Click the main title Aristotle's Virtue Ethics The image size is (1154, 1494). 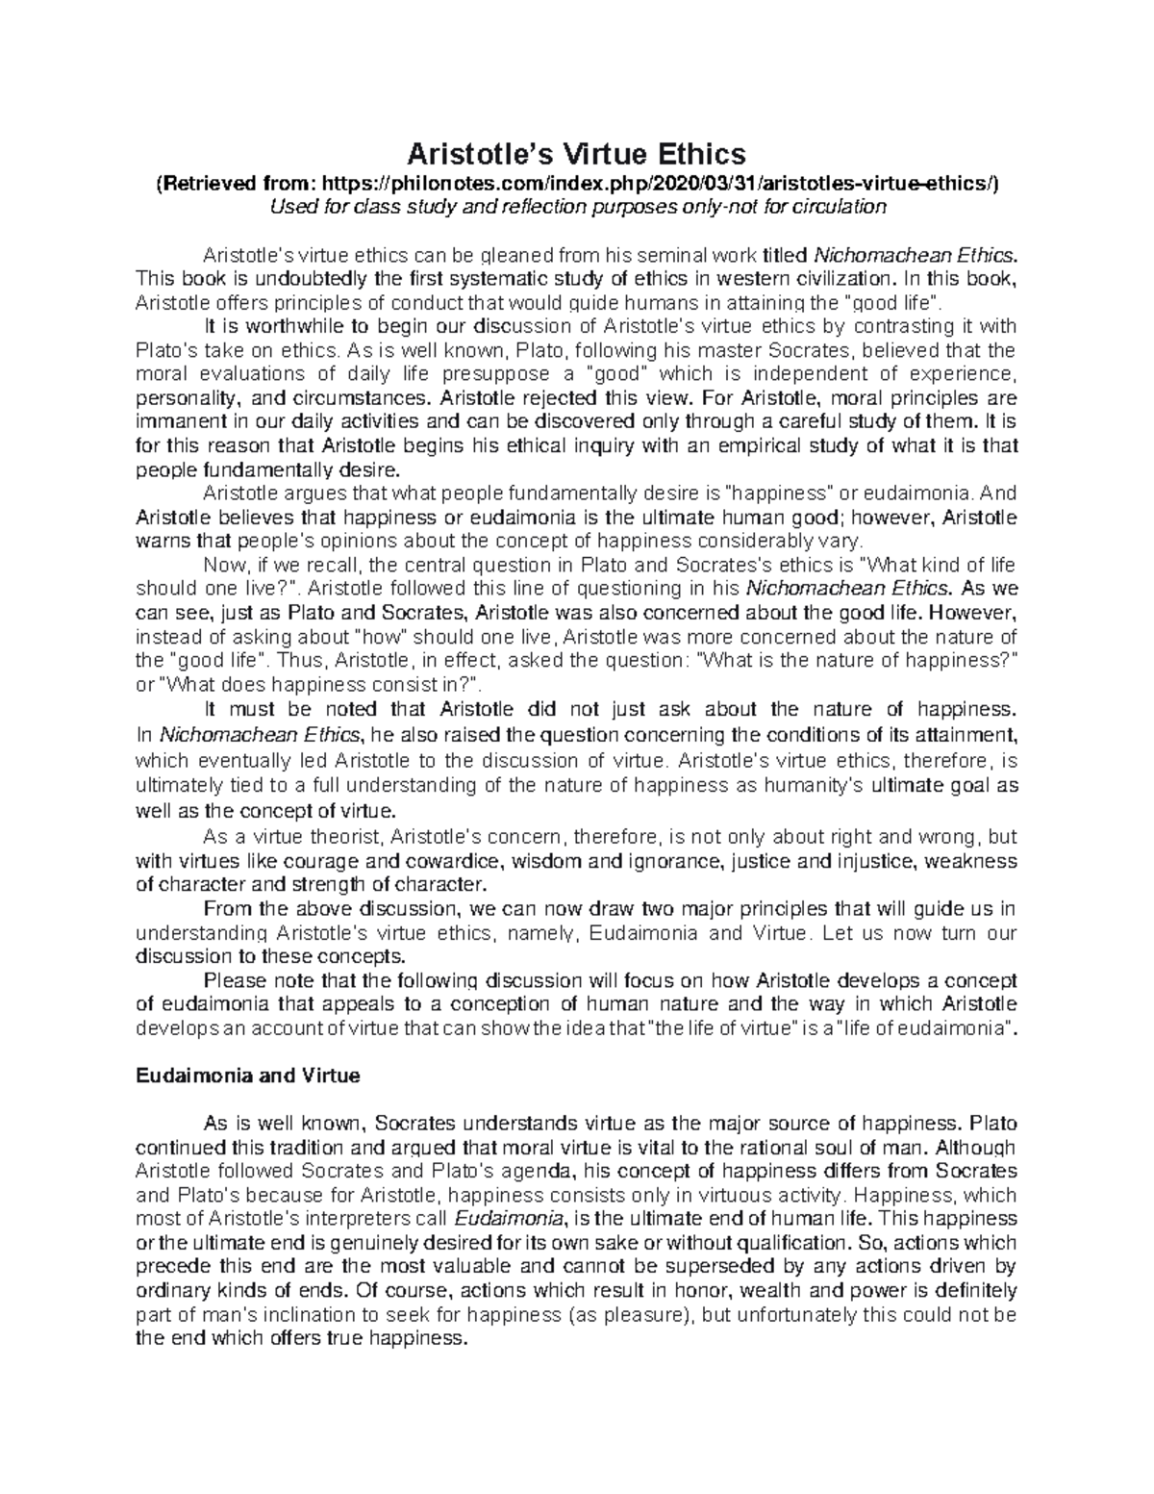click(x=576, y=153)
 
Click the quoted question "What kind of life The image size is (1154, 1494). click(x=941, y=565)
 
